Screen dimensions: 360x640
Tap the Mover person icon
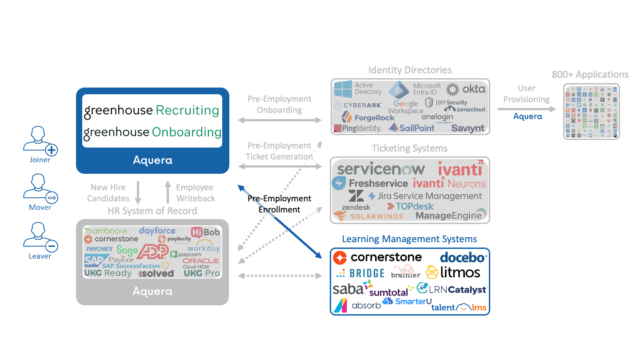click(40, 188)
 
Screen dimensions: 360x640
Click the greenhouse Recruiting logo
click(152, 111)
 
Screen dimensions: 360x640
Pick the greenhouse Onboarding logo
click(152, 132)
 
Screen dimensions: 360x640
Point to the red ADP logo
click(152, 252)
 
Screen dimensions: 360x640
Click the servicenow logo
click(381, 169)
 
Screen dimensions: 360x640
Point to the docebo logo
click(464, 257)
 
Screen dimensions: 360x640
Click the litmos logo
click(453, 272)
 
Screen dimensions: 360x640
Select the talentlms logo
click(459, 307)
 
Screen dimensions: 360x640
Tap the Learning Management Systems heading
click(409, 239)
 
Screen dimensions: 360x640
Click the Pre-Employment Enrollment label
click(279, 204)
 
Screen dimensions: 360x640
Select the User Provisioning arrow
click(527, 108)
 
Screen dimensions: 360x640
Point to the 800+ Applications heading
click(590, 75)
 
